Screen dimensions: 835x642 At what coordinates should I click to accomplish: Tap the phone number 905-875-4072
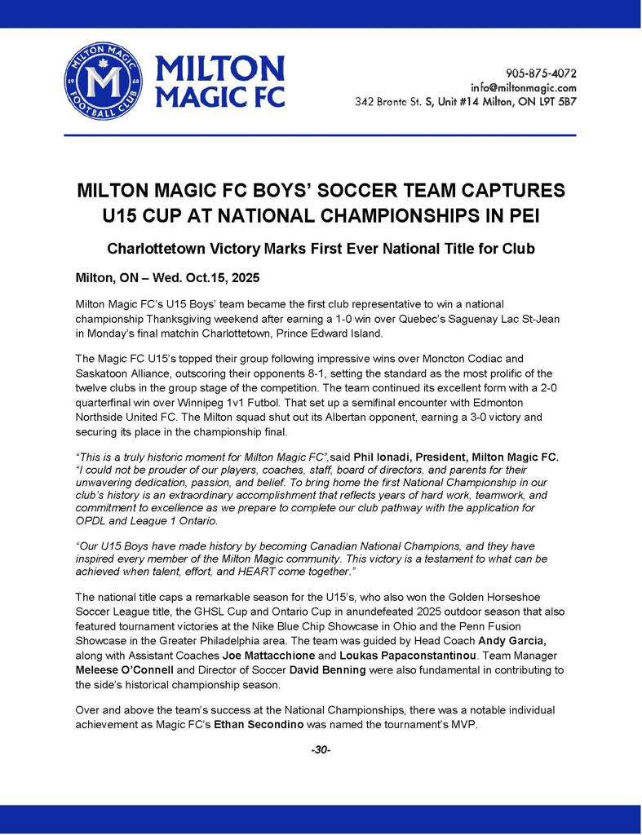tap(541, 73)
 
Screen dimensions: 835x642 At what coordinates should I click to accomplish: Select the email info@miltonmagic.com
tap(524, 87)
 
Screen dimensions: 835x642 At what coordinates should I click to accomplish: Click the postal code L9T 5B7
tap(556, 103)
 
